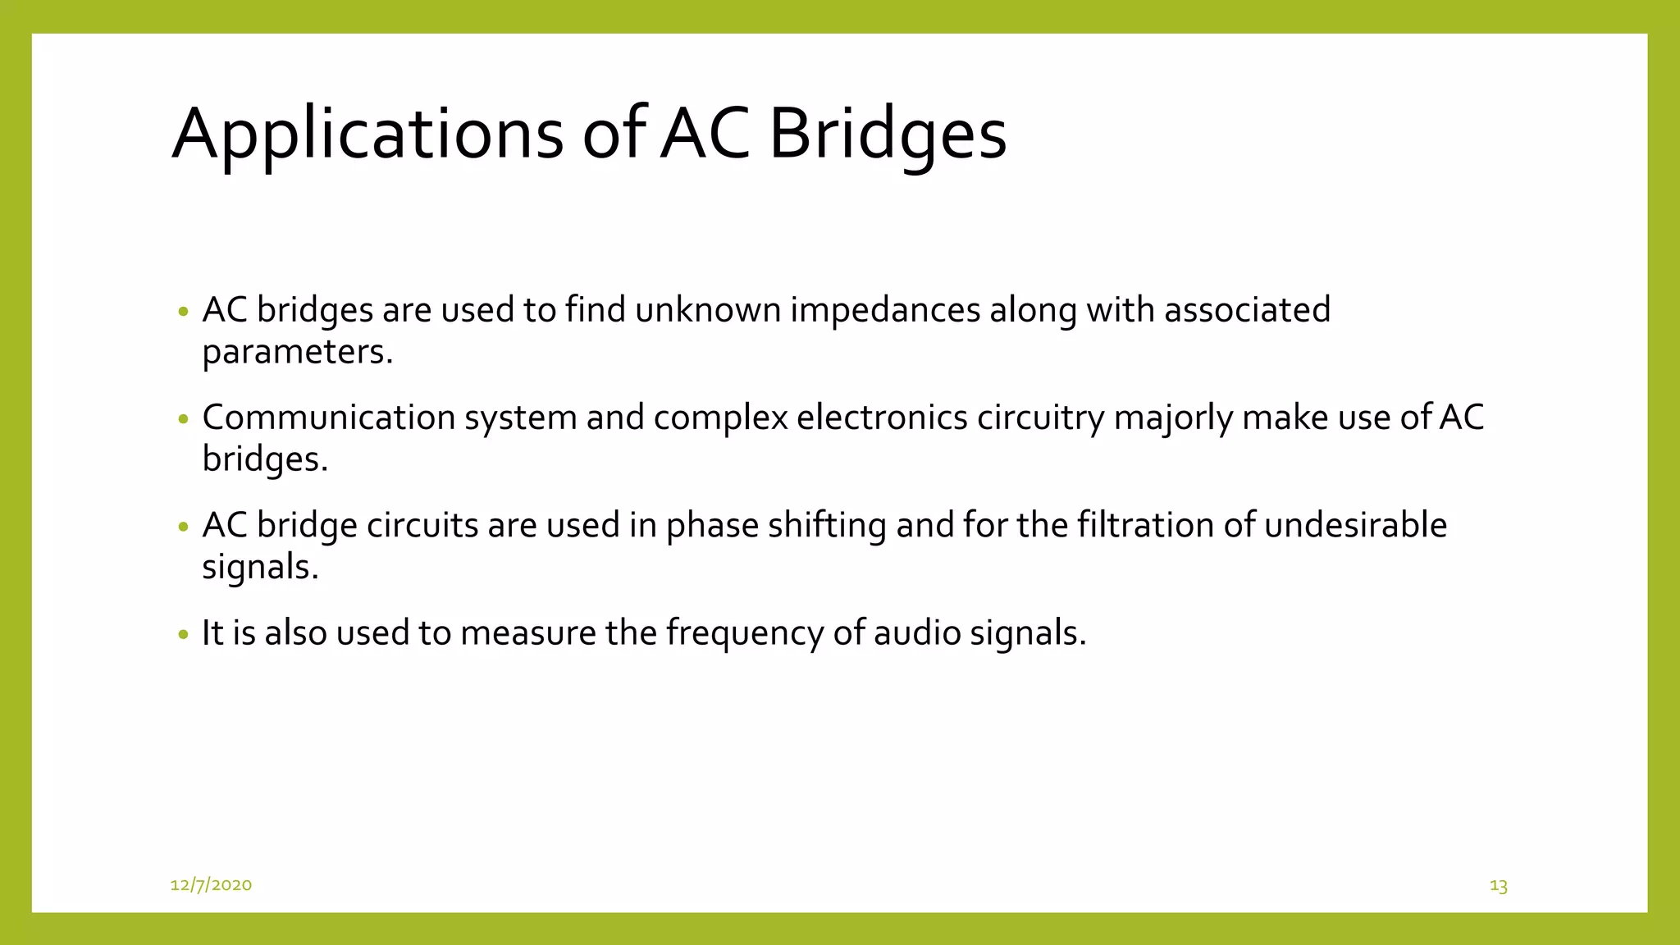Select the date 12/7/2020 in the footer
211,884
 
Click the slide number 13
1498,886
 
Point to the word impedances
885,310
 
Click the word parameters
297,353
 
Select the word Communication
329,418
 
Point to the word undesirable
1355,525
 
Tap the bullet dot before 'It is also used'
183,634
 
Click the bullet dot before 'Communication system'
183,419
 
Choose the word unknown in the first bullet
708,310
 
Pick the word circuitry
1040,418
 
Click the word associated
1247,310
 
